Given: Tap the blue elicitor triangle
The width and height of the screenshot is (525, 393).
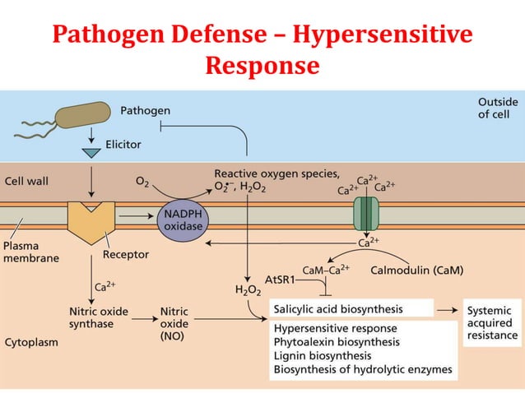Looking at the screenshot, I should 91,153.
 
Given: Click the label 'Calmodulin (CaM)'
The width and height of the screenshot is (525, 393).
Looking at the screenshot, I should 417,270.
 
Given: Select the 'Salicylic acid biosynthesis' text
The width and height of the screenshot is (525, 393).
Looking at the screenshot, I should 338,310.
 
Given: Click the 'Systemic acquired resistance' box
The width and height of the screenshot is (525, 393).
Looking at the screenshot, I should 492,322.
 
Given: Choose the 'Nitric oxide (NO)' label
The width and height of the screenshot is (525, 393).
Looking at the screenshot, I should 174,323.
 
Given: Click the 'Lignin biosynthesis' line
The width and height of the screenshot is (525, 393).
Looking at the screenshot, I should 323,356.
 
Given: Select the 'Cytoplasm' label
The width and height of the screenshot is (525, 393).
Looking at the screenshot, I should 31,342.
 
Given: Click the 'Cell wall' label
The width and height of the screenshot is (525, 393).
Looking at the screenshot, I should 27,181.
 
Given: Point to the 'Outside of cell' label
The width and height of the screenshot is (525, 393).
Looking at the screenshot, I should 498,108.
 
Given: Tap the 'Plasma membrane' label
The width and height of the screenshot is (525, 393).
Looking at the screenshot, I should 31,252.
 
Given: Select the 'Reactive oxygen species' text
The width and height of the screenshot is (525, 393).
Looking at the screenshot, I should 276,173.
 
